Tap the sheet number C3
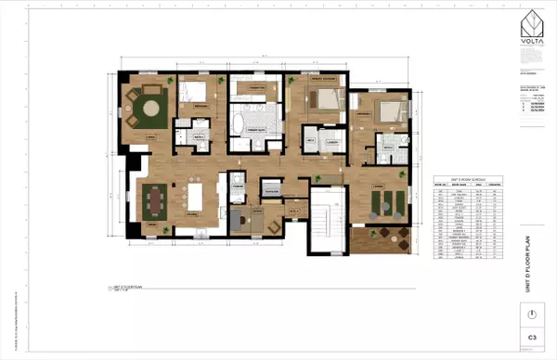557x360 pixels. pos(533,338)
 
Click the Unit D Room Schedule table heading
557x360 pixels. pos(468,176)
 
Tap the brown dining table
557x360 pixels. pos(154,199)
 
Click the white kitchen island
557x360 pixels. pos(201,197)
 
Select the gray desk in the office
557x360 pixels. pos(239,219)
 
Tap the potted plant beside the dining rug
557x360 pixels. pos(162,230)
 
